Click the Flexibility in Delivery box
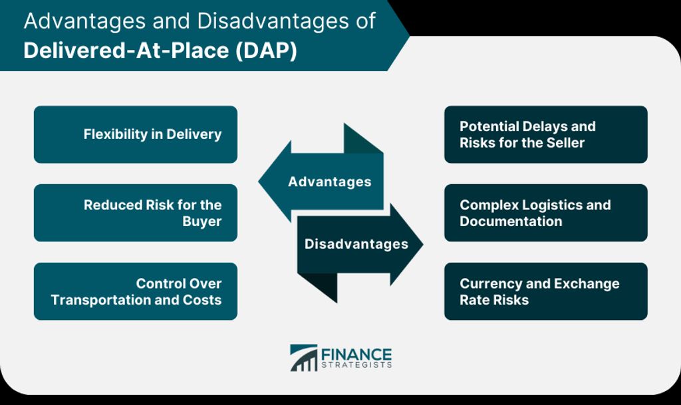click(136, 134)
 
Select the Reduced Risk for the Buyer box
click(136, 213)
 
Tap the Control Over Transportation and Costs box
click(136, 291)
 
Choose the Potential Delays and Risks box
click(546, 134)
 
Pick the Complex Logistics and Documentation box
click(546, 213)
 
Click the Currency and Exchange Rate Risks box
click(546, 291)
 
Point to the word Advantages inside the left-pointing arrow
click(330, 182)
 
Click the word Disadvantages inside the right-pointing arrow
click(356, 244)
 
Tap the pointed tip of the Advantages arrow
click(259, 182)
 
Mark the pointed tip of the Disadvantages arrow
click(422, 244)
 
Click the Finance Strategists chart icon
click(303, 358)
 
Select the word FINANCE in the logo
click(356, 354)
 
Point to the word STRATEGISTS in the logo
click(356, 365)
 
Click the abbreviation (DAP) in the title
click(266, 51)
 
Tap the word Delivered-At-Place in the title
click(126, 51)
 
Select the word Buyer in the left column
click(202, 221)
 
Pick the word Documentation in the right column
click(511, 221)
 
